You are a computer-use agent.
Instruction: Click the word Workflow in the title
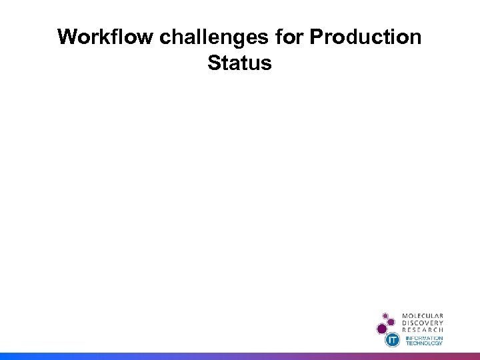[105, 37]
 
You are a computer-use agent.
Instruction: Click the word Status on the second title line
[239, 63]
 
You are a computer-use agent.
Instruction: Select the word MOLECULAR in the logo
[423, 316]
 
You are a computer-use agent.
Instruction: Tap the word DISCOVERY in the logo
[423, 323]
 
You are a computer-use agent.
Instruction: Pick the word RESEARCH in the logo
[423, 329]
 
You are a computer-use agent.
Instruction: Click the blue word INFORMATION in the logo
[424, 337]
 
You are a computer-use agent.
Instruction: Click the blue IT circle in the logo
[393, 340]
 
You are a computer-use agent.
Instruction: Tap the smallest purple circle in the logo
[385, 315]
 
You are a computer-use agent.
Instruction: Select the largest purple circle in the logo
[382, 328]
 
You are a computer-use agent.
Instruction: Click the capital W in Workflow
[67, 37]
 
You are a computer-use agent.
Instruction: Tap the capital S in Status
[215, 63]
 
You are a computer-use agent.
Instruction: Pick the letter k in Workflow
[97, 37]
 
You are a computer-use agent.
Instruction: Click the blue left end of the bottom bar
[7, 356]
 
